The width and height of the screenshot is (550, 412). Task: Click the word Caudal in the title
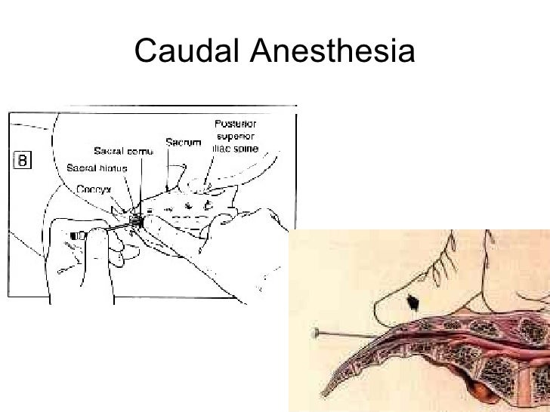(x=186, y=51)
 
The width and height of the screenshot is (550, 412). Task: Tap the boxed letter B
(x=22, y=161)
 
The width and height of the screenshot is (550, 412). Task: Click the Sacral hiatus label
(x=94, y=167)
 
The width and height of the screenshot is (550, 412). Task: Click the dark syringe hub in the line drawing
(x=75, y=235)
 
